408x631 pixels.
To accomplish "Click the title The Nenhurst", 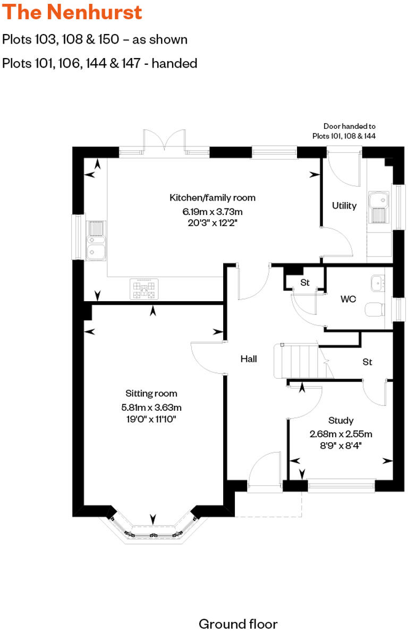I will (72, 12).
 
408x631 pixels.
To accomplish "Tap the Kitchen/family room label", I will (212, 198).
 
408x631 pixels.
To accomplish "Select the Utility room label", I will (344, 206).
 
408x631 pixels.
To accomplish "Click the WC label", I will (348, 299).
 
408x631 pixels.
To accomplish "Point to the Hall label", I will (249, 359).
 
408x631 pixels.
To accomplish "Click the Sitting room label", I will (151, 394).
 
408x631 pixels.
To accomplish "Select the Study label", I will (341, 420).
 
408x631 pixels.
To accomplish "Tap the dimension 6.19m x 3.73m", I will (212, 211).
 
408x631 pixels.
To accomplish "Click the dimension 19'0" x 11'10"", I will (151, 420).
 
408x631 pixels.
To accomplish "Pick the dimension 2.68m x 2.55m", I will (341, 433).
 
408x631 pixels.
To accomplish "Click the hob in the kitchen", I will (144, 289).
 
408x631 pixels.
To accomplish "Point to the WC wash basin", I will (378, 282).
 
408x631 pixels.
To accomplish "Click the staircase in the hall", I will (299, 361).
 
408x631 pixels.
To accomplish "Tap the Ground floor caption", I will (238, 624).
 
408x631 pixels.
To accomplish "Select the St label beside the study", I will (367, 362).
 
